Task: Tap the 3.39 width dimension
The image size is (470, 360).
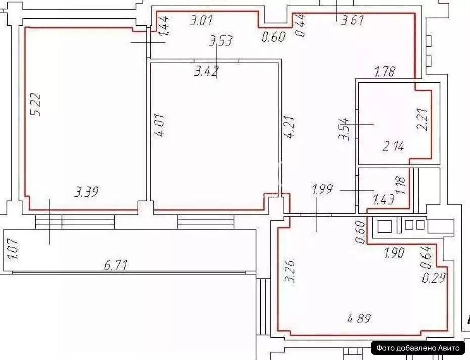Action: (x=86, y=192)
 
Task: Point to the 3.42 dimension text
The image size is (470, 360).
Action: (x=206, y=71)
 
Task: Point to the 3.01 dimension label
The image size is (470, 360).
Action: (x=201, y=21)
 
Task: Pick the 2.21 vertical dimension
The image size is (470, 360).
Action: (x=422, y=120)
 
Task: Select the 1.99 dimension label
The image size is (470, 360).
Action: (x=323, y=190)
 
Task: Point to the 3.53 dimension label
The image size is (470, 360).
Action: (x=221, y=40)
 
